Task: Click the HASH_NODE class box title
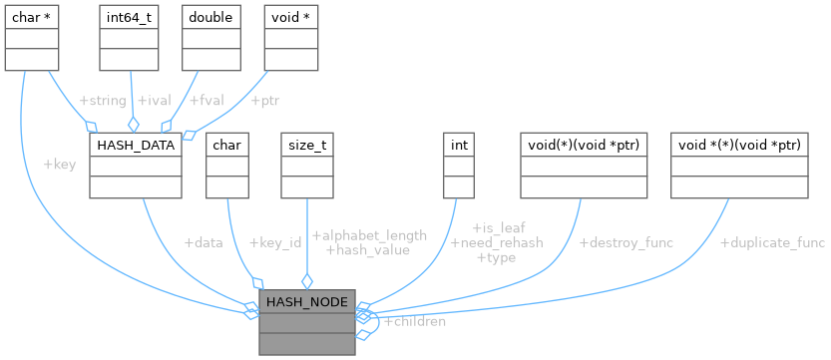pos(306,302)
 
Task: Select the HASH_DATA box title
pos(135,146)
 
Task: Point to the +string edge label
pos(102,101)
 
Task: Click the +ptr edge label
pos(264,101)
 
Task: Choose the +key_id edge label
pos(274,242)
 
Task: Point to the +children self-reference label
pos(414,321)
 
